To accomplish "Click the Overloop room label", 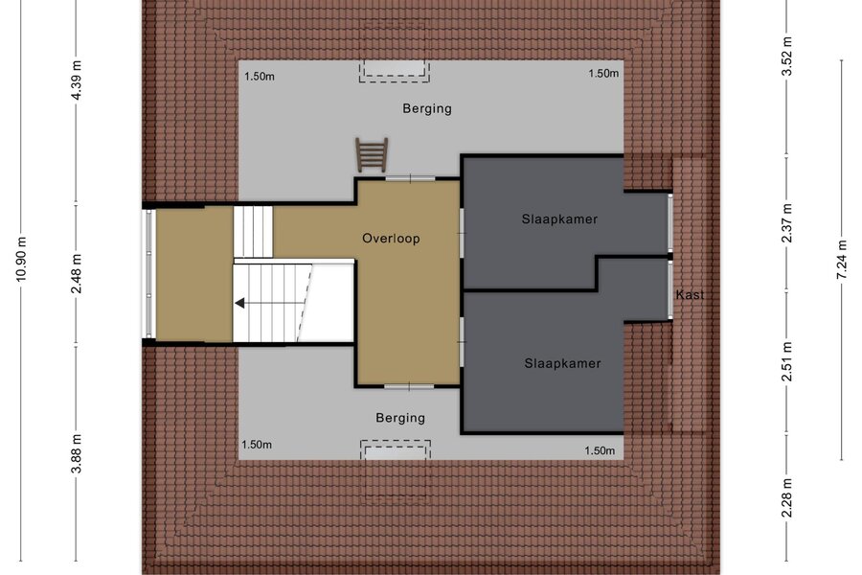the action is pyautogui.click(x=391, y=239).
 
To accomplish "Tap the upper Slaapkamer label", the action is pyautogui.click(x=559, y=219).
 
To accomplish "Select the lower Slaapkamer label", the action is pyautogui.click(x=562, y=363).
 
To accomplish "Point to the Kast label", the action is pyautogui.click(x=690, y=294).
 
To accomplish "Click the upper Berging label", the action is pyautogui.click(x=427, y=108).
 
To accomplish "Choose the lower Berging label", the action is pyautogui.click(x=400, y=418).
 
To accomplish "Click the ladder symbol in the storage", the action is pyautogui.click(x=372, y=154).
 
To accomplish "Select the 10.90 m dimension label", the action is pyautogui.click(x=21, y=259).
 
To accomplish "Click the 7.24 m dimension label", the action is pyautogui.click(x=842, y=260).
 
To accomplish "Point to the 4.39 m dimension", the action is pyautogui.click(x=77, y=80).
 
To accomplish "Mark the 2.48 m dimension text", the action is pyautogui.click(x=77, y=273).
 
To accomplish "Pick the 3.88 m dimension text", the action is pyautogui.click(x=77, y=453).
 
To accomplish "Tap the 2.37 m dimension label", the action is pyautogui.click(x=787, y=223).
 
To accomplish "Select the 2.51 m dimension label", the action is pyautogui.click(x=787, y=361).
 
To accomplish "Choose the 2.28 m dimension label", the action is pyautogui.click(x=787, y=497).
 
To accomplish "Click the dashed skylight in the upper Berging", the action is pyautogui.click(x=395, y=70).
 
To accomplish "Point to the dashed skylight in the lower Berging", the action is pyautogui.click(x=396, y=450).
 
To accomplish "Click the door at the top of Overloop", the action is pyautogui.click(x=410, y=178).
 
